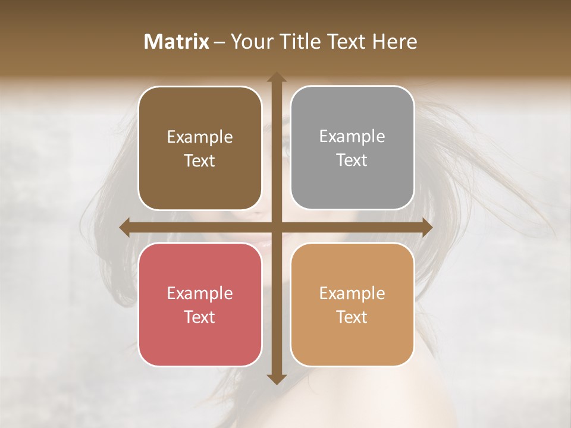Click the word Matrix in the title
(x=177, y=42)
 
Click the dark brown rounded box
(x=200, y=149)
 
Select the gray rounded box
(x=352, y=148)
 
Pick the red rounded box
(x=200, y=304)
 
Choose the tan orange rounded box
(x=352, y=304)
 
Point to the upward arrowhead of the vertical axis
(x=276, y=77)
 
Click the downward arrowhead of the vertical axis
(x=276, y=379)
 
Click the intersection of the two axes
(x=276, y=228)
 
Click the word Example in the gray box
(x=352, y=137)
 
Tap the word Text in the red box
(x=200, y=317)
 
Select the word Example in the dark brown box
(x=200, y=137)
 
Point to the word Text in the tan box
(x=352, y=317)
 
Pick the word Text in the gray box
(x=352, y=160)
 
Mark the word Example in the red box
(x=200, y=293)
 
